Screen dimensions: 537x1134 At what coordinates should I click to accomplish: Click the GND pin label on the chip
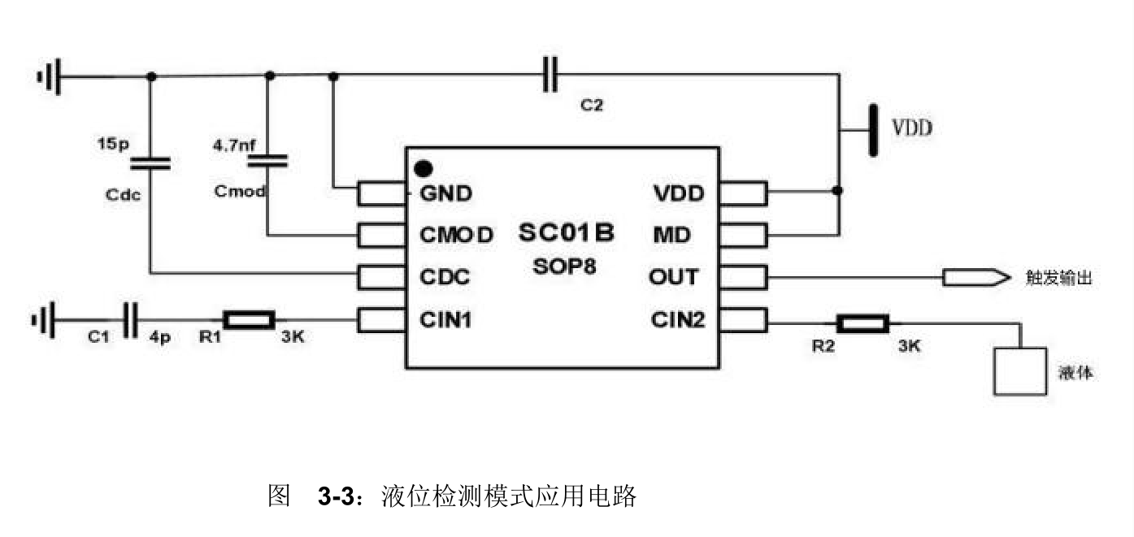(446, 193)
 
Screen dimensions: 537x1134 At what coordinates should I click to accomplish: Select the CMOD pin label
(456, 236)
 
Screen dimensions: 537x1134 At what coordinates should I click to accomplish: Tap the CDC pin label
(445, 277)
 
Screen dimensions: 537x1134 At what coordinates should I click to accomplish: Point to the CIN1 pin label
(446, 319)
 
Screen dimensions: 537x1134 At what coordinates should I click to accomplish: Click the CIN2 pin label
(678, 319)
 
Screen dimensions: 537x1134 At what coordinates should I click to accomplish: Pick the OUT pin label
(673, 277)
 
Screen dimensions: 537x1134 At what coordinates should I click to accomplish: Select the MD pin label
(672, 236)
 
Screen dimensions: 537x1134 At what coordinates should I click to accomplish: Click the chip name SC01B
(567, 233)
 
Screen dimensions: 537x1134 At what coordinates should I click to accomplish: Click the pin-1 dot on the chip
(423, 169)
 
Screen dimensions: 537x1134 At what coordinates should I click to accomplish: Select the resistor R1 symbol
(250, 320)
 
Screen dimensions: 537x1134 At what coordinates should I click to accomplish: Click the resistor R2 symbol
(863, 324)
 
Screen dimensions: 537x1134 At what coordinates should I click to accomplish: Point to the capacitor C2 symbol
(551, 75)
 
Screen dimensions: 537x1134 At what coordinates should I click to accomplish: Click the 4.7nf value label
(234, 146)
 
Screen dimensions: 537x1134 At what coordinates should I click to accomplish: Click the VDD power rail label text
(912, 128)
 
